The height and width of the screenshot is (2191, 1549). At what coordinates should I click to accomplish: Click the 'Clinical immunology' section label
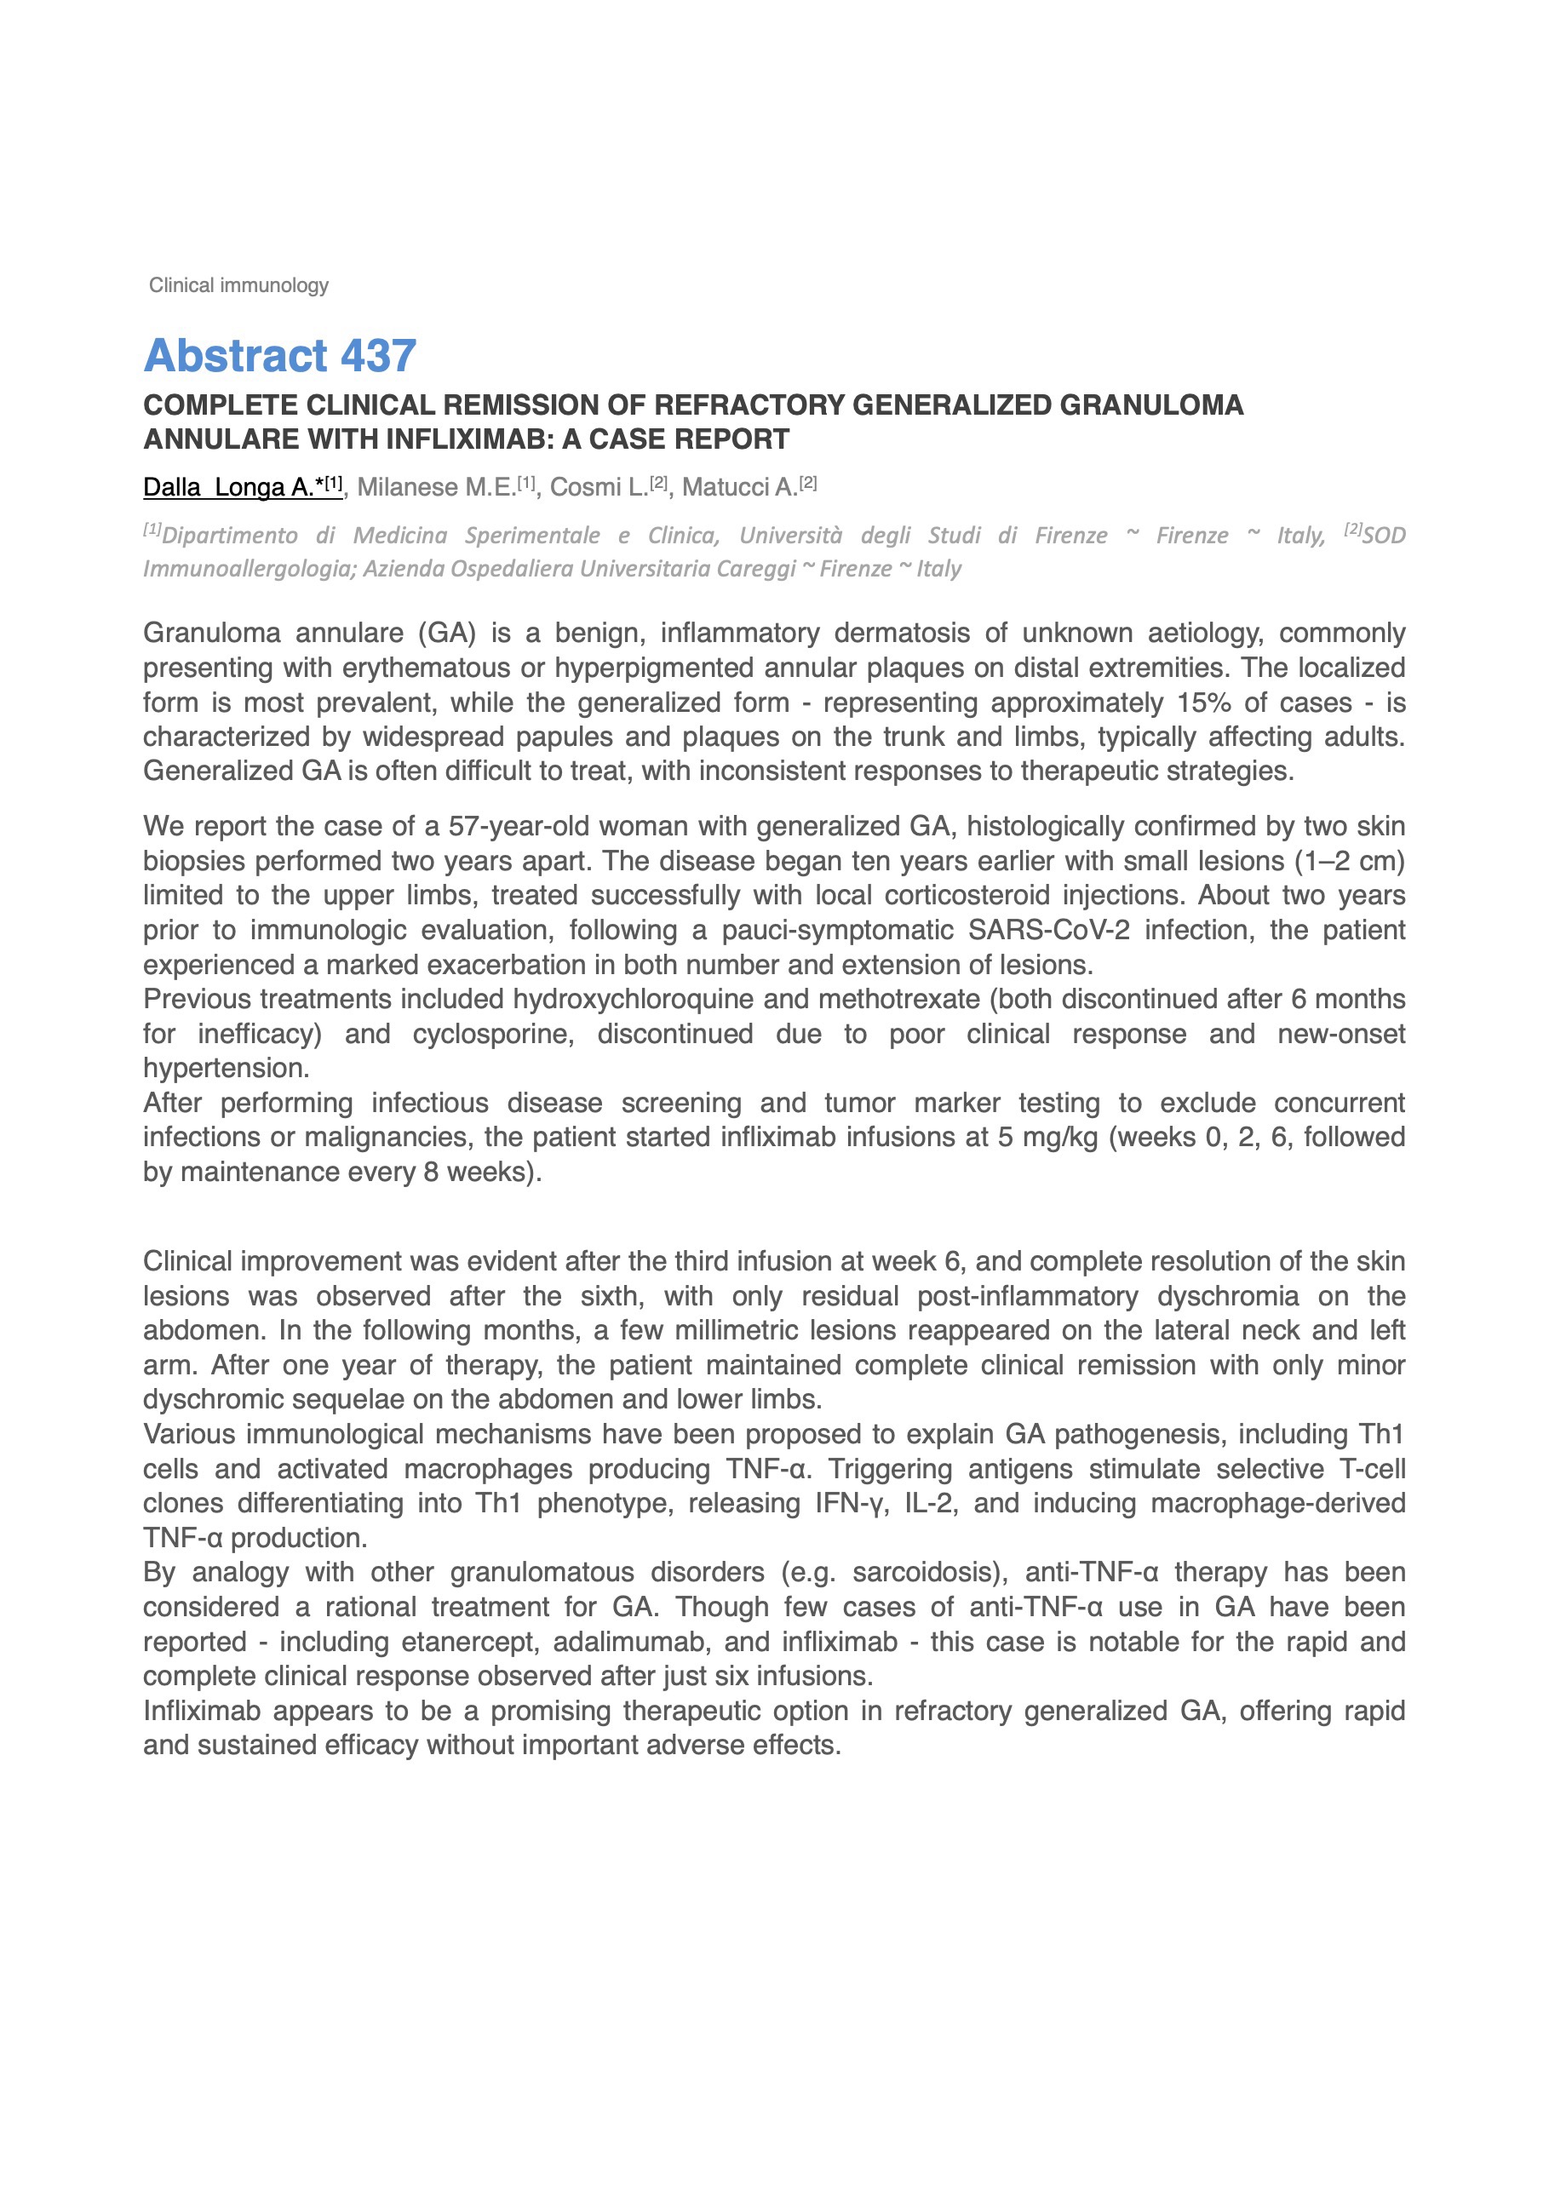pyautogui.click(x=238, y=285)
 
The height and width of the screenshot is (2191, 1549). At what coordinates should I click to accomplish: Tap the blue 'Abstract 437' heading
pyautogui.click(x=279, y=356)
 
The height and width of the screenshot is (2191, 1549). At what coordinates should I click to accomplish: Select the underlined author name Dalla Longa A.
pyautogui.click(x=242, y=487)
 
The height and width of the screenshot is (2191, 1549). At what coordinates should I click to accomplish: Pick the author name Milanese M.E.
pyautogui.click(x=436, y=487)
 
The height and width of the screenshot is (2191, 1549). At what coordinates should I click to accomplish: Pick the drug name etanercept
pyautogui.click(x=468, y=1642)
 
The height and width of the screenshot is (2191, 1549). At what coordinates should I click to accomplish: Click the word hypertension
pyautogui.click(x=226, y=1068)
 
